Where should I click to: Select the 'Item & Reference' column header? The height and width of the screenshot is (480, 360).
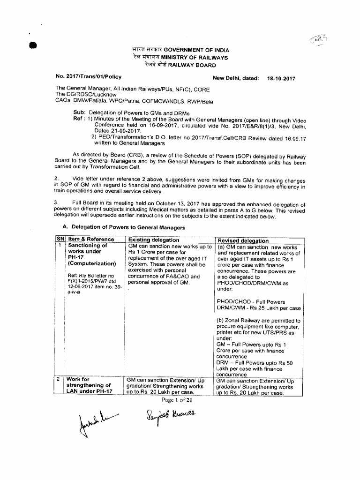pos(91,240)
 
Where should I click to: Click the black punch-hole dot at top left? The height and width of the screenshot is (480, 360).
pos(34,45)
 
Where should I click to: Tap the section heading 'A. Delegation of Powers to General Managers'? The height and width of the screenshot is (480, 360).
pos(122,227)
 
